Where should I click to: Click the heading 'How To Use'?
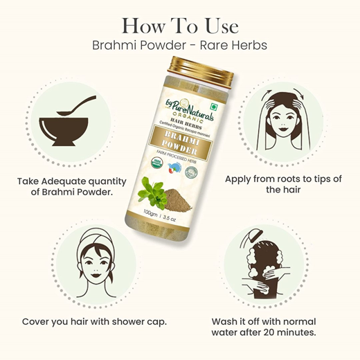coord(180,26)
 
